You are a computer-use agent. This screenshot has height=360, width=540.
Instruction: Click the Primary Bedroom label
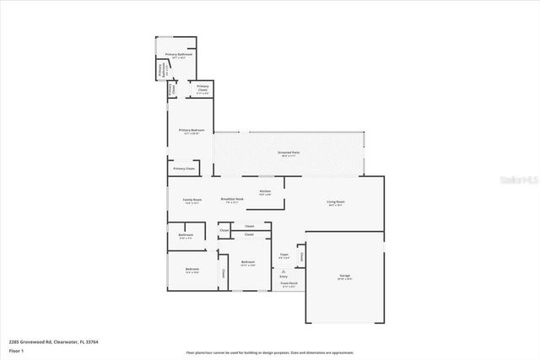click(x=192, y=131)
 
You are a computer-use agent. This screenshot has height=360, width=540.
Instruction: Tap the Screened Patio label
click(x=289, y=153)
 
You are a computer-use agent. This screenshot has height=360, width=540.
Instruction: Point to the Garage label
click(x=344, y=277)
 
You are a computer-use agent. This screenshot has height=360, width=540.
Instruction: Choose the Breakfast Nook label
click(x=232, y=199)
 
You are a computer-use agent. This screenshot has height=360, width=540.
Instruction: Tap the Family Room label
click(x=192, y=201)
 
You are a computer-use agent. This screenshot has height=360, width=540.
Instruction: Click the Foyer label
click(x=284, y=254)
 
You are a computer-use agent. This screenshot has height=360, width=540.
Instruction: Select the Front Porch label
click(x=289, y=284)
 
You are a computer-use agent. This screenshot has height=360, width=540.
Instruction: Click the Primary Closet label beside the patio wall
click(x=184, y=169)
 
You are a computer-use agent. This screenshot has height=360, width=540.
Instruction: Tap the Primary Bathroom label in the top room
click(x=178, y=55)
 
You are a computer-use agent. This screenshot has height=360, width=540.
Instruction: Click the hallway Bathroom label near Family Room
click(x=186, y=235)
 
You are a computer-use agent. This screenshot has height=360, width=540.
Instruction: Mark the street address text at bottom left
click(x=43, y=341)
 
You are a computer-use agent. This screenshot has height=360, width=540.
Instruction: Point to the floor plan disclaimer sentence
click(x=270, y=352)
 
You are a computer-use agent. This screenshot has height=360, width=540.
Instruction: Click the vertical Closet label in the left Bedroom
click(x=222, y=273)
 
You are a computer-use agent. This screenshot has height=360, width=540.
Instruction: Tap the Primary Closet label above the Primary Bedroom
click(x=202, y=88)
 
